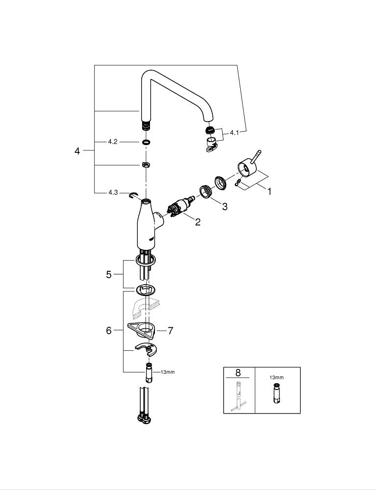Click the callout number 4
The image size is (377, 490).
pyautogui.click(x=77, y=151)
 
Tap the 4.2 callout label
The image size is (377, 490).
pyautogui.click(x=113, y=142)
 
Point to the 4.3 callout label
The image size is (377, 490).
pyautogui.click(x=113, y=193)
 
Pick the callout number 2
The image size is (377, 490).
pyautogui.click(x=198, y=222)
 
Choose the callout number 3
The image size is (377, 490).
pyautogui.click(x=225, y=207)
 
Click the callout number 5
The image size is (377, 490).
pyautogui.click(x=109, y=275)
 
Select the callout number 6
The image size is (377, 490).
pyautogui.click(x=109, y=331)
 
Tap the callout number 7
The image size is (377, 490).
pyautogui.click(x=170, y=331)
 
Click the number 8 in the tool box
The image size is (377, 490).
pyautogui.click(x=239, y=373)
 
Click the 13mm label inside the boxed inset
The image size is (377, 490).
pyautogui.click(x=276, y=378)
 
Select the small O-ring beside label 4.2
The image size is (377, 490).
pyautogui.click(x=146, y=142)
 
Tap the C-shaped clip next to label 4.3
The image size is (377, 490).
pyautogui.click(x=133, y=196)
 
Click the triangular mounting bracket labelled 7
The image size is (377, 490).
pyautogui.click(x=141, y=330)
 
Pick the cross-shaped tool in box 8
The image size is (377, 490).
pyautogui.click(x=239, y=397)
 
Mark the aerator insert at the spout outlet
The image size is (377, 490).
pyautogui.click(x=209, y=130)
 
